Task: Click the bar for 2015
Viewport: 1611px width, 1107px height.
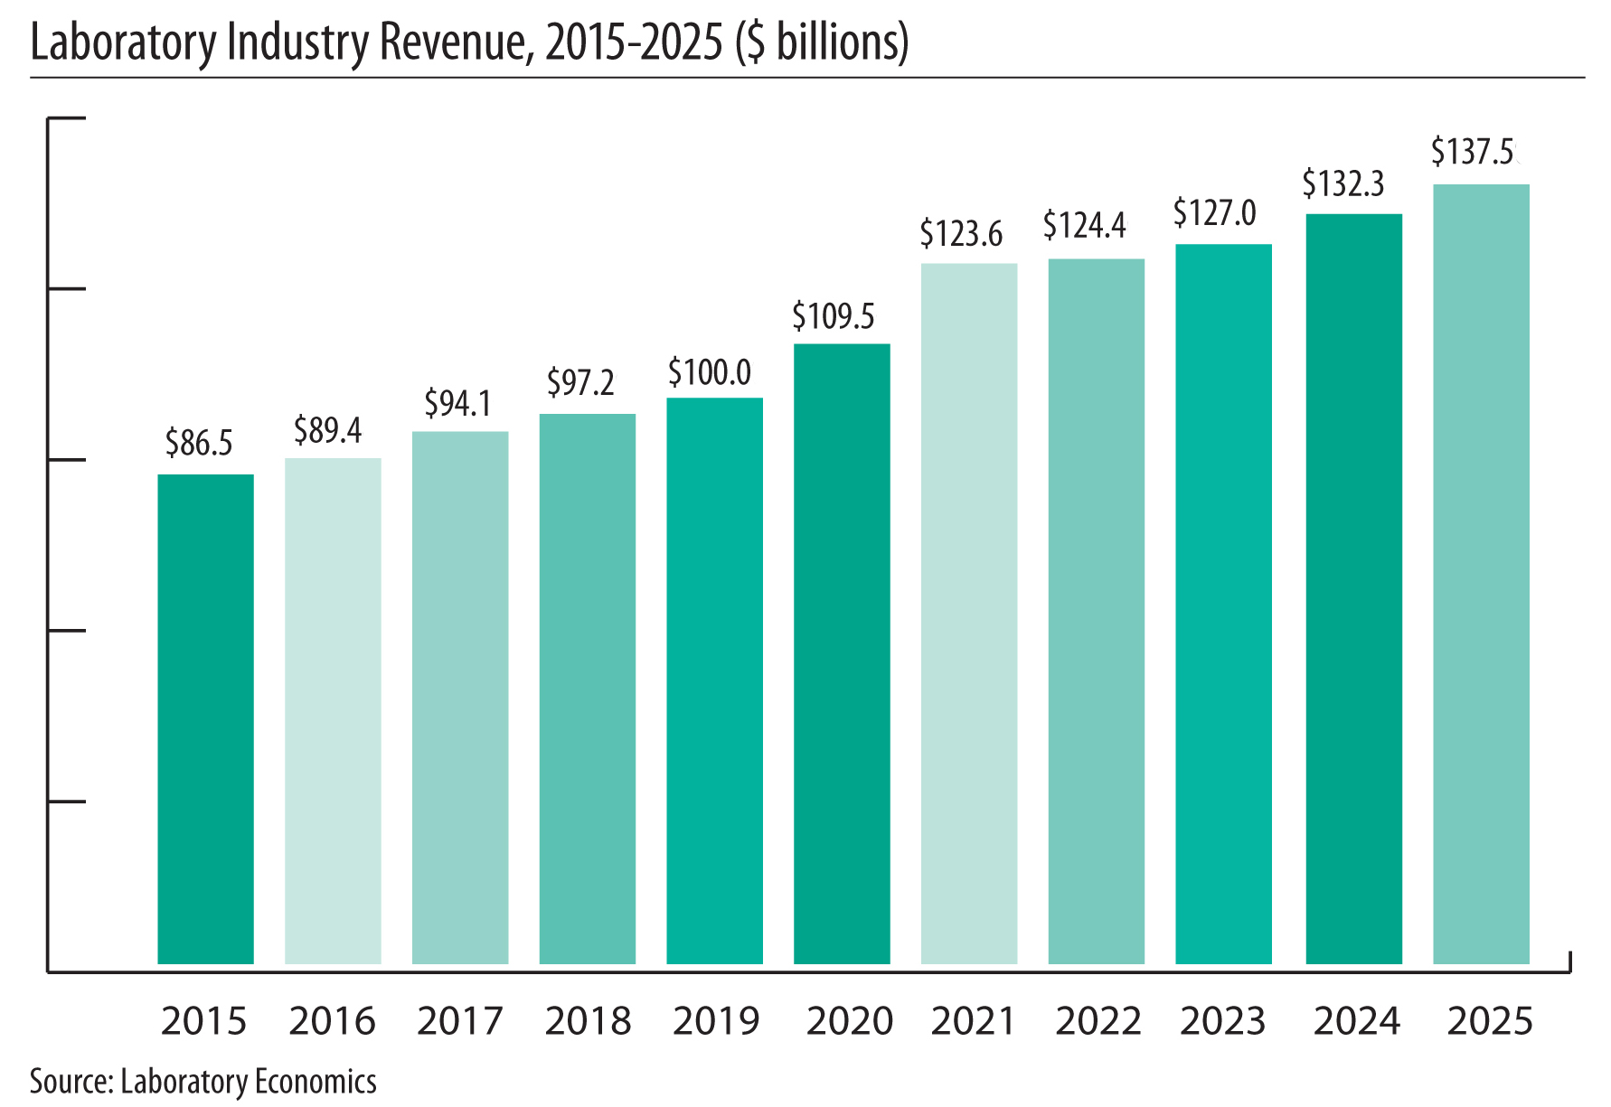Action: pyautogui.click(x=205, y=718)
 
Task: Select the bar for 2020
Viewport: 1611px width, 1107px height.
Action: pyautogui.click(x=842, y=653)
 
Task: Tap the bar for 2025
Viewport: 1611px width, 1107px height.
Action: pyautogui.click(x=1481, y=574)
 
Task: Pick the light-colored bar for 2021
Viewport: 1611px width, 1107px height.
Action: pyautogui.click(x=969, y=614)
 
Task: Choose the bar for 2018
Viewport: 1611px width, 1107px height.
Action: pyautogui.click(x=588, y=689)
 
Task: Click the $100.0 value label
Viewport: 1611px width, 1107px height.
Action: pyautogui.click(x=710, y=372)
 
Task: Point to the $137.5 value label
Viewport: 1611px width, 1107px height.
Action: pyautogui.click(x=1473, y=152)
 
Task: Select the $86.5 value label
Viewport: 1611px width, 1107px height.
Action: pyautogui.click(x=199, y=443)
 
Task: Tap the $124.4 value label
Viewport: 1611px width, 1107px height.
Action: pyautogui.click(x=1085, y=225)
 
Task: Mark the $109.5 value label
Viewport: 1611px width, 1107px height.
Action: pyautogui.click(x=834, y=316)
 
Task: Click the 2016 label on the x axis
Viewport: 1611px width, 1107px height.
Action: pyautogui.click(x=332, y=1021)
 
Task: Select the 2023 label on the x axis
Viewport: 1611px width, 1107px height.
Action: pyautogui.click(x=1223, y=1021)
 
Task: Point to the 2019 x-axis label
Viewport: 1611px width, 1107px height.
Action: pyautogui.click(x=716, y=1021)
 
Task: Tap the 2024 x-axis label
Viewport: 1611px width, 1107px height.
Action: pyautogui.click(x=1357, y=1021)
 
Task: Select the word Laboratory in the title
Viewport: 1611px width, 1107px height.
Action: pyautogui.click(x=122, y=42)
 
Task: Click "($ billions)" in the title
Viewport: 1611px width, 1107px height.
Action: pyautogui.click(x=822, y=42)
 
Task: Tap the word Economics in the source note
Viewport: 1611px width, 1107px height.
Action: pyautogui.click(x=315, y=1082)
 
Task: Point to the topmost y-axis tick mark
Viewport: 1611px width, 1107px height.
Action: pyautogui.click(x=66, y=118)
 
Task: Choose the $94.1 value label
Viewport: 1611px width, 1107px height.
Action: pyautogui.click(x=458, y=403)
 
